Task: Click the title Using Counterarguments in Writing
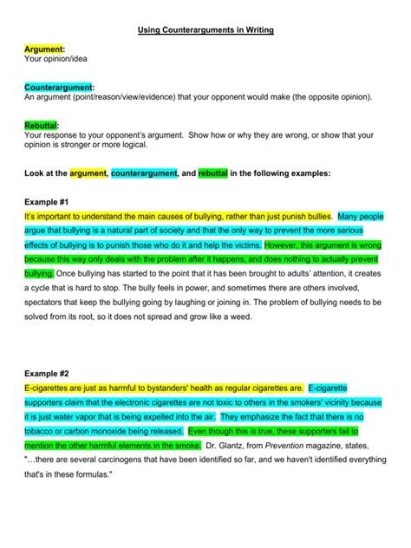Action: [x=205, y=30]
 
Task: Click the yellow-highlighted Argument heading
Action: [x=44, y=50]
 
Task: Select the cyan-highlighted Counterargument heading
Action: [x=59, y=88]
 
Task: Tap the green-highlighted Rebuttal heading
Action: [x=45, y=125]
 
